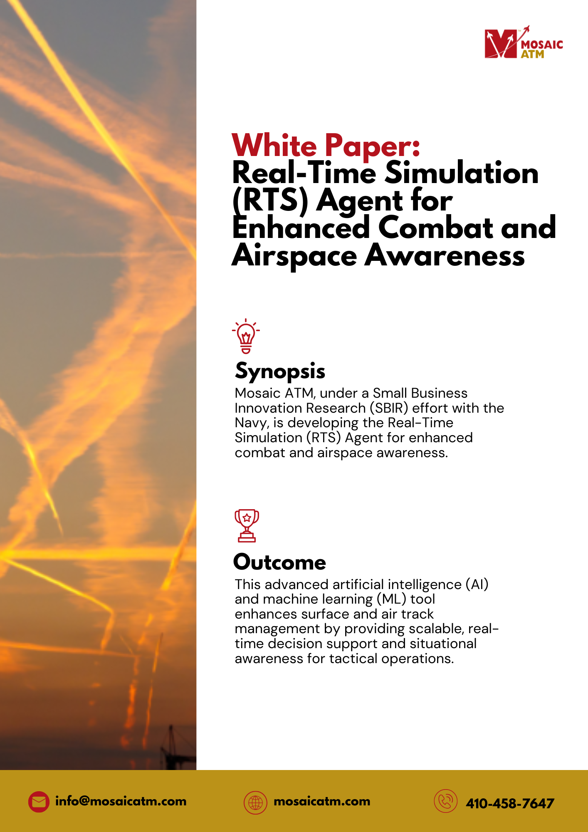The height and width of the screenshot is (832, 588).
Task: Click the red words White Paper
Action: pos(326,146)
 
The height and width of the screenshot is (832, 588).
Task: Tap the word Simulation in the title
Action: pos(462,173)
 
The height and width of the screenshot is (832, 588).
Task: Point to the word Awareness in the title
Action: pos(445,255)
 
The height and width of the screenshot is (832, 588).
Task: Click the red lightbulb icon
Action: pos(246,336)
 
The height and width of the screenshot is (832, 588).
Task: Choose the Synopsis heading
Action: pos(280,371)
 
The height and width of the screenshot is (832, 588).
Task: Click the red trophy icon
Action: pos(247,526)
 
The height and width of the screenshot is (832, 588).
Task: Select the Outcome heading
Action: pos(279,562)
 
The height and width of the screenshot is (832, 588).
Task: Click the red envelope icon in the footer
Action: pos(39,802)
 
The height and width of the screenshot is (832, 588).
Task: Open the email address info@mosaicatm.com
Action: pos(121,801)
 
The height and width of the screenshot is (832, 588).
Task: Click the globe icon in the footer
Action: pos(255,802)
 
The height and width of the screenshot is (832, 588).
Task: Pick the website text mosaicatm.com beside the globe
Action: pos(322,801)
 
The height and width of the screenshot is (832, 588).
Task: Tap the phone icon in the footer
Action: pos(445,801)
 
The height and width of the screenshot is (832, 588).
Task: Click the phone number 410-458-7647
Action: pos(510,803)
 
